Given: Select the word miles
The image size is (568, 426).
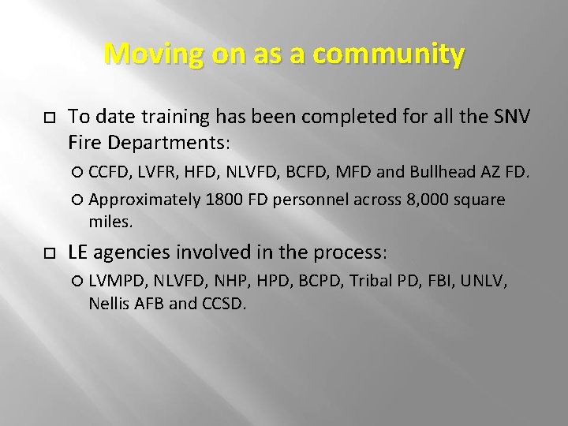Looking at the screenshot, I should click(x=111, y=223).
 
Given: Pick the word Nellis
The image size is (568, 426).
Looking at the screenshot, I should click(x=108, y=302).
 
